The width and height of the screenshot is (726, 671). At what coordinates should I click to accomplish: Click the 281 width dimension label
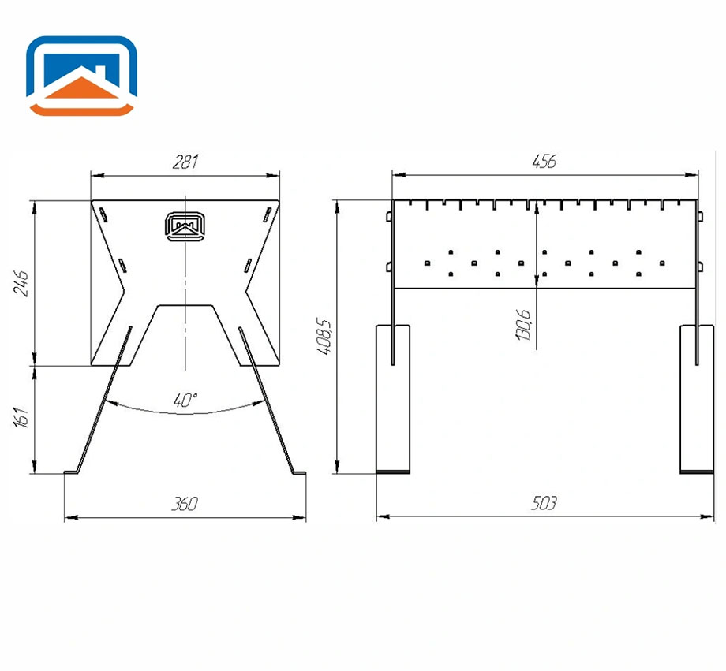tap(185, 162)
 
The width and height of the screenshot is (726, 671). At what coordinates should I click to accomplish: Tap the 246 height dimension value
tap(21, 283)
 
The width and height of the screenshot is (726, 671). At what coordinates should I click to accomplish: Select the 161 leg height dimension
tap(21, 417)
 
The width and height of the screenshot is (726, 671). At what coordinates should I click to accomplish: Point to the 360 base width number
tap(185, 504)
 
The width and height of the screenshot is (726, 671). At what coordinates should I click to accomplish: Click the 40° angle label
tap(185, 400)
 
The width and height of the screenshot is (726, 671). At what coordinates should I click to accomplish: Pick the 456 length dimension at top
tap(544, 162)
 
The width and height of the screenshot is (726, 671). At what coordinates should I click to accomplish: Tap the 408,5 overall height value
tap(324, 336)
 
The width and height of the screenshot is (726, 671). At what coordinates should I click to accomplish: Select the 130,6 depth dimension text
tap(523, 325)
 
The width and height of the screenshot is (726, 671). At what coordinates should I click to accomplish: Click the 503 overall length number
tap(544, 503)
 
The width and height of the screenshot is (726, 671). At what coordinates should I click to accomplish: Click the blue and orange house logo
tap(81, 76)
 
